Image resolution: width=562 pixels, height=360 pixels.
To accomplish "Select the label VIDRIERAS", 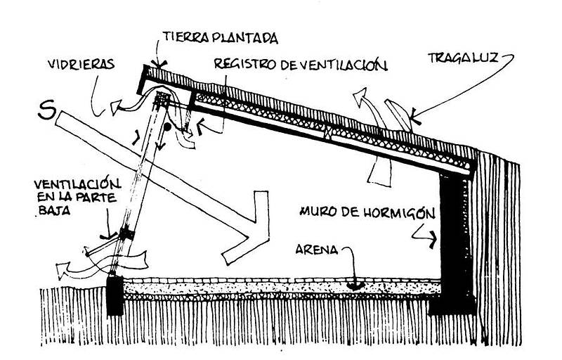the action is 81,64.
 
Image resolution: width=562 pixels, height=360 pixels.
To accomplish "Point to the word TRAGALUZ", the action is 463,58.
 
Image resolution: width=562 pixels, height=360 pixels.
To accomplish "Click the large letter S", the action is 47,110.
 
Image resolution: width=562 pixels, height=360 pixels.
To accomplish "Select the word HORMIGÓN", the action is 399,212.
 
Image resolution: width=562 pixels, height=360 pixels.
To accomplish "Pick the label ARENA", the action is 317,250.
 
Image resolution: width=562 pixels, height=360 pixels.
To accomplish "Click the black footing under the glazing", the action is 115,295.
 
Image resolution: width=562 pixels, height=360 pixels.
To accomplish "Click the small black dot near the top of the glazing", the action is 167,127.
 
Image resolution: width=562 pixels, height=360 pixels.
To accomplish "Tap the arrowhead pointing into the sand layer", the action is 355,285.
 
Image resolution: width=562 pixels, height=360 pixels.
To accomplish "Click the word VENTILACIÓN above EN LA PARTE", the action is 77,184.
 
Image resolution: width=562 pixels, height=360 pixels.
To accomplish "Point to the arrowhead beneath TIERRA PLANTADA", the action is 159,65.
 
